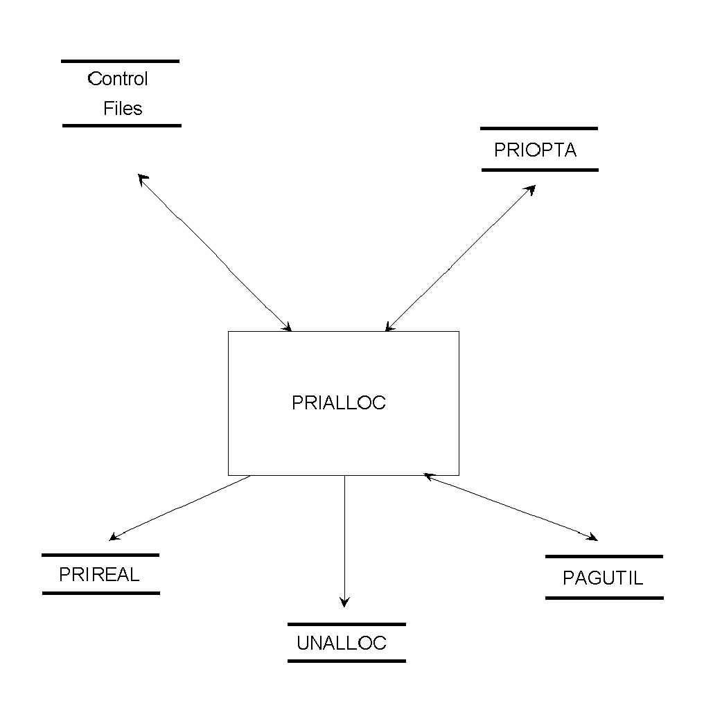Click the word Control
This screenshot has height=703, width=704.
(118, 79)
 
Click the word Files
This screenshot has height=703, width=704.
(123, 109)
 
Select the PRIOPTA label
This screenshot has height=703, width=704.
(535, 150)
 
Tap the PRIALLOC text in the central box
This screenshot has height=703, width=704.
(339, 403)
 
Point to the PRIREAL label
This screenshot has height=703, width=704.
(99, 575)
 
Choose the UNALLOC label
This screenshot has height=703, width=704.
(342, 643)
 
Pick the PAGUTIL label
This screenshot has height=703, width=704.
(603, 578)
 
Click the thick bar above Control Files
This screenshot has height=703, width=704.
(121, 62)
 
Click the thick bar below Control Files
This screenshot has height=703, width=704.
(122, 126)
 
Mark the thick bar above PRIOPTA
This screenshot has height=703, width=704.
(538, 129)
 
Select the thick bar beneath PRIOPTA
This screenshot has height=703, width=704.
(539, 170)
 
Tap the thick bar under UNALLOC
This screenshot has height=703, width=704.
(346, 661)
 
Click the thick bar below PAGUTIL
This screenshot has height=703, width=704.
(604, 597)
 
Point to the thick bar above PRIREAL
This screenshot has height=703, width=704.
(100, 555)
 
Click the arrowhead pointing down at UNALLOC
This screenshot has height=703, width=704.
(344, 603)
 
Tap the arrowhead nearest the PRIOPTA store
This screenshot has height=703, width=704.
(531, 188)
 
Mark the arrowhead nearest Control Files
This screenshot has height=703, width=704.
(142, 178)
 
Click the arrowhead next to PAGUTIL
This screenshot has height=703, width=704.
(592, 537)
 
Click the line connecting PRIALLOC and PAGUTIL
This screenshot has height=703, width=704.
(509, 506)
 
